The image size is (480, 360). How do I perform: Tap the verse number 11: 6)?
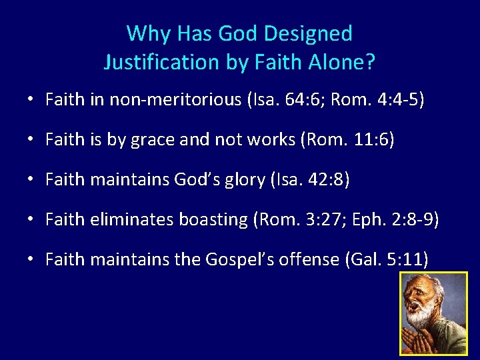tap(371, 140)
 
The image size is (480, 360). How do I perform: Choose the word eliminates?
tap(124, 219)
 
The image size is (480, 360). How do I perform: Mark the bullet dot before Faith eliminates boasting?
tap(31, 219)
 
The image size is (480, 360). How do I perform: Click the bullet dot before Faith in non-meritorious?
tap(31, 100)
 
